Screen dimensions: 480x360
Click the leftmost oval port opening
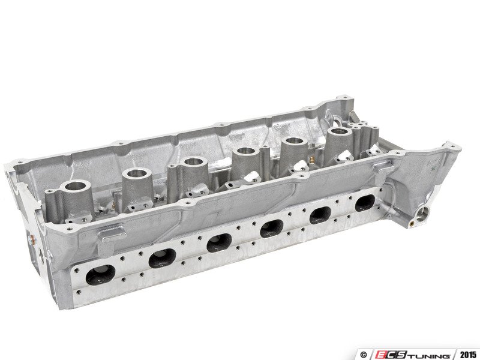click(101, 274)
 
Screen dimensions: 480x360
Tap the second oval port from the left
click(162, 258)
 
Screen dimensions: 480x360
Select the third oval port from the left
click(219, 243)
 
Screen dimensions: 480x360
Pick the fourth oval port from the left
click(272, 229)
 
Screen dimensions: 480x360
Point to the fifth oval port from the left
click(320, 215)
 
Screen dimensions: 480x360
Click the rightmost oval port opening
click(365, 203)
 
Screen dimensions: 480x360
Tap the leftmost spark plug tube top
click(77, 187)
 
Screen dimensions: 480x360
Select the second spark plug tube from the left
click(137, 174)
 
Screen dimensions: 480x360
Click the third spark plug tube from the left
click(193, 161)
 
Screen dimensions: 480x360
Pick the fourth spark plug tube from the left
click(246, 151)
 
